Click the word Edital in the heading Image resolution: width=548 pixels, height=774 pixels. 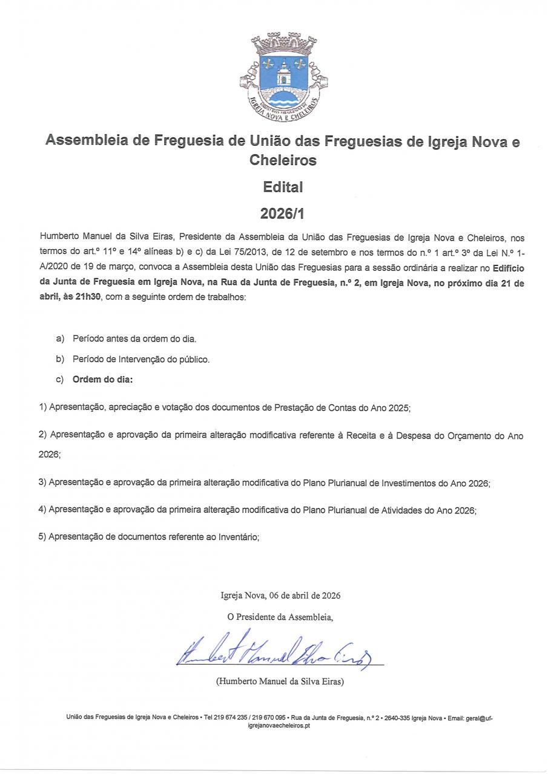pyautogui.click(x=283, y=187)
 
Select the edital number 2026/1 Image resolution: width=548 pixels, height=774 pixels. pyautogui.click(x=283, y=213)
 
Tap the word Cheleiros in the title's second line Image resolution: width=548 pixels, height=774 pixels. pyautogui.click(x=283, y=161)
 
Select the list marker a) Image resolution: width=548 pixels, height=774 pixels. pyautogui.click(x=60, y=339)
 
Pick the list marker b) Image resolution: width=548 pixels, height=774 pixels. pyautogui.click(x=60, y=359)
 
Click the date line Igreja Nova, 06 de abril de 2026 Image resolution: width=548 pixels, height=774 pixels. pyautogui.click(x=280, y=595)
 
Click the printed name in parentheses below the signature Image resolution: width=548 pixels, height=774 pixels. pyautogui.click(x=280, y=681)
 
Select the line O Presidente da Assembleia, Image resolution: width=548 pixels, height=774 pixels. pyautogui.click(x=280, y=617)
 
